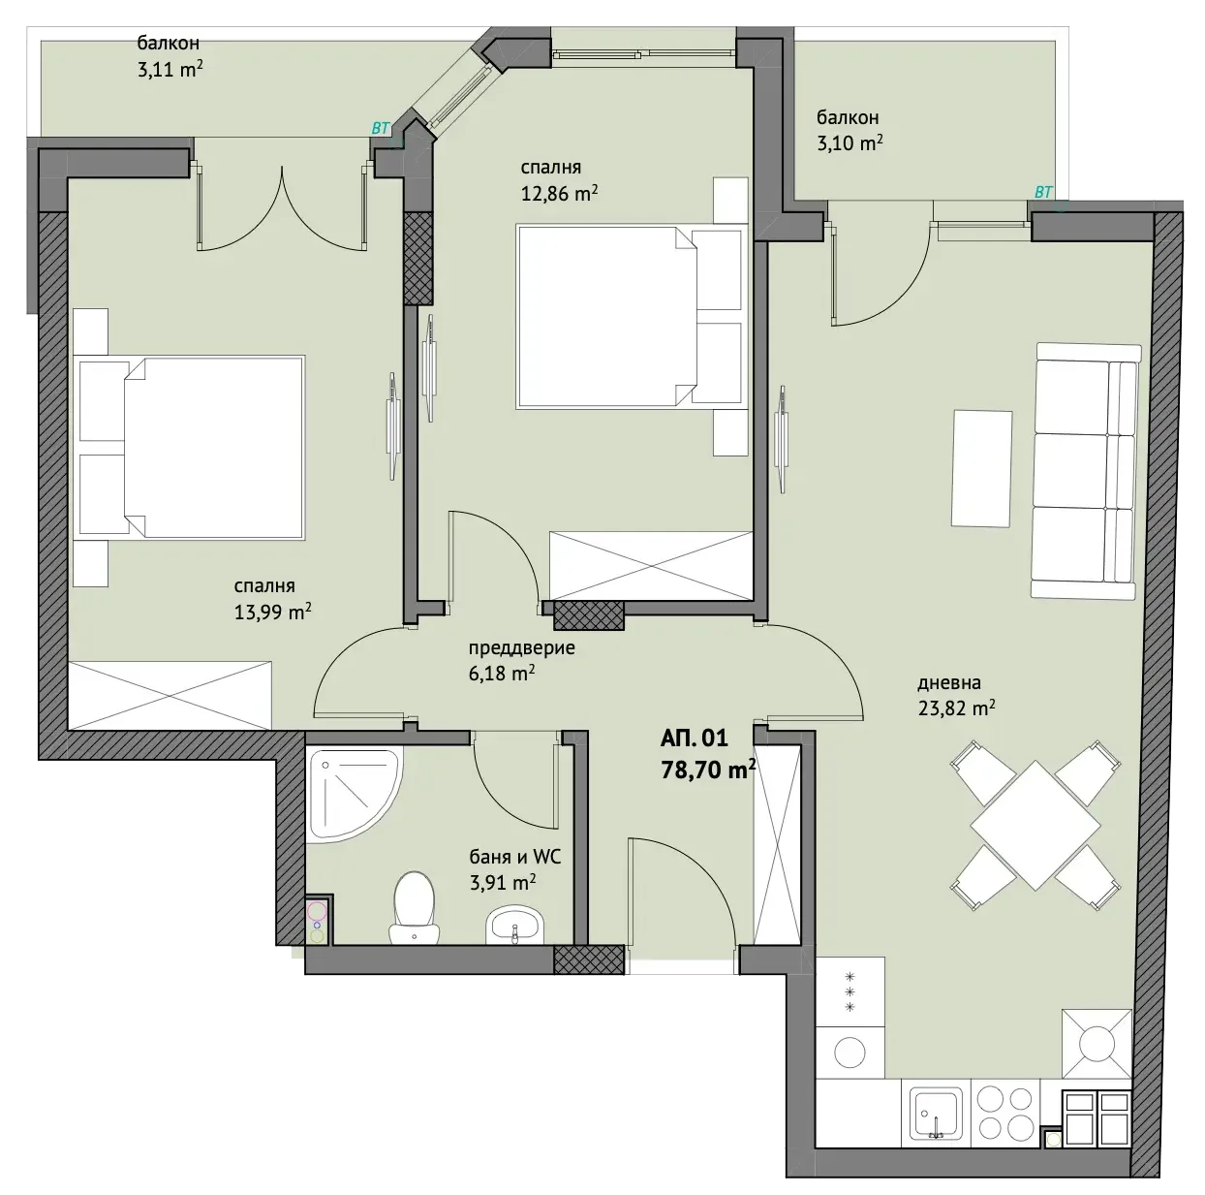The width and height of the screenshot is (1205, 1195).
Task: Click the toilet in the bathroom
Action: (414, 907)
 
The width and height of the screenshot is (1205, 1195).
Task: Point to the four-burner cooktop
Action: (1004, 1119)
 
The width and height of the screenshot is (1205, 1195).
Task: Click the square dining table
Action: (1035, 826)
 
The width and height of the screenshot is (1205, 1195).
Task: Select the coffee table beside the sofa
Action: (982, 469)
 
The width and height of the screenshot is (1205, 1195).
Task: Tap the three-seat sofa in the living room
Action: (1085, 471)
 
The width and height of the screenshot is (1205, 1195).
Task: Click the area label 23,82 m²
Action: (956, 708)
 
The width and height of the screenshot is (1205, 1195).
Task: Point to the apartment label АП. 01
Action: (695, 739)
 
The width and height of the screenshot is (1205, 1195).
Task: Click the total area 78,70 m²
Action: (708, 770)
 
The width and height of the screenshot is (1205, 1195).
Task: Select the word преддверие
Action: (521, 647)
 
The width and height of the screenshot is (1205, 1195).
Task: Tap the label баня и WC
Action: (515, 857)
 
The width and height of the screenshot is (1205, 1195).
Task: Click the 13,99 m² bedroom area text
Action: (272, 612)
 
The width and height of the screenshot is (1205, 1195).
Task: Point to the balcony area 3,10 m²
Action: (850, 143)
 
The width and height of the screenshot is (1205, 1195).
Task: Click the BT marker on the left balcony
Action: (381, 128)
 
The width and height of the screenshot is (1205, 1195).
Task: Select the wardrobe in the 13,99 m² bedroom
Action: (170, 696)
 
